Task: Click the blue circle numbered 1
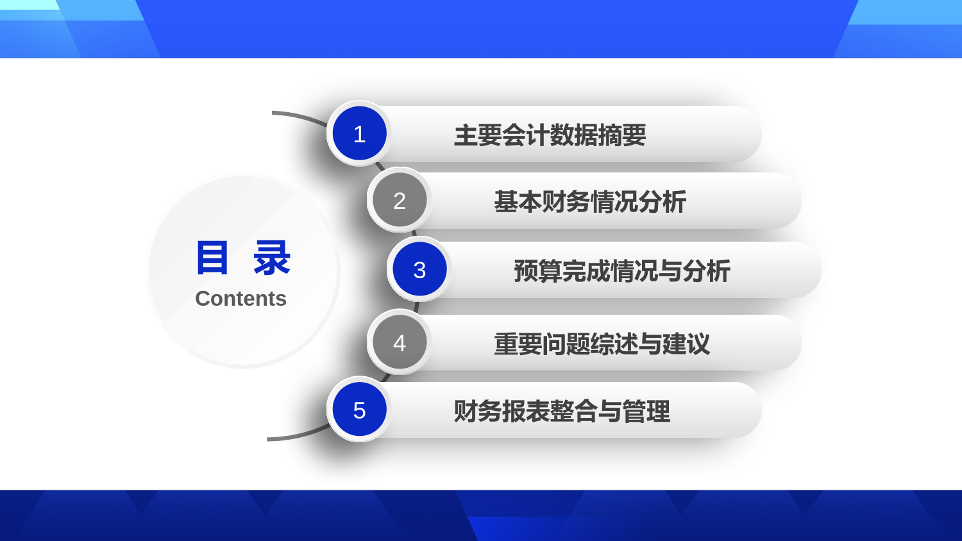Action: coord(359,133)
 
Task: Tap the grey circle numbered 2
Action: coord(400,200)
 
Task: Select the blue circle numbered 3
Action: coord(419,269)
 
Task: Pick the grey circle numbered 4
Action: coord(400,342)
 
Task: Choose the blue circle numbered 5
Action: coord(359,410)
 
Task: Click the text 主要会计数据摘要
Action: coord(550,135)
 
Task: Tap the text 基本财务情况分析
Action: coord(590,202)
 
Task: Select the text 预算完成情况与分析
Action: coord(622,271)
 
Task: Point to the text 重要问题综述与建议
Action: coord(602,344)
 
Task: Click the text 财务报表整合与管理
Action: coord(562,412)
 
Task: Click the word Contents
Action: coord(241,299)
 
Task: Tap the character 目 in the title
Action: coord(212,258)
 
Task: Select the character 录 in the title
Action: coord(272,258)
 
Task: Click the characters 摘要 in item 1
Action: coord(622,135)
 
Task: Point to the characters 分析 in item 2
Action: coord(662,202)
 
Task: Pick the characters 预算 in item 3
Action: coord(538,271)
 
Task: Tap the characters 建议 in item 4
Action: coord(686,344)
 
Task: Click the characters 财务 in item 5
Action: coord(478,412)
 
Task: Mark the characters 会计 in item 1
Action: coord(526,135)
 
